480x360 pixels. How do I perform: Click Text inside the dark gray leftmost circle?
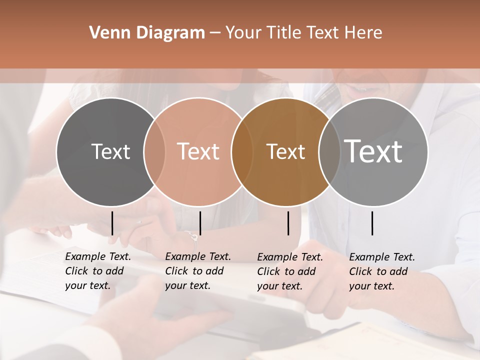point(110,151)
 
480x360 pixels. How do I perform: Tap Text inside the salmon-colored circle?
point(198,151)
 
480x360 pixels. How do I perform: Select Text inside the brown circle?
point(285,151)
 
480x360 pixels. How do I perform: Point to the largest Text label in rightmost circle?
point(373,151)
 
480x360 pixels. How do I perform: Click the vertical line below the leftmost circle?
point(112,223)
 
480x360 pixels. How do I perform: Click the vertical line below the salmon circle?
point(200,223)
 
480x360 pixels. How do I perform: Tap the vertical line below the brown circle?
point(288,223)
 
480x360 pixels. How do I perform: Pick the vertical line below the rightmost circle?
point(372,223)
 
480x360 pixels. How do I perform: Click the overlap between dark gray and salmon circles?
point(154,151)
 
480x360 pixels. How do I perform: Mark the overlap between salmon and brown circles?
point(242,151)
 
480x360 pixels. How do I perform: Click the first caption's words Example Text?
point(98,256)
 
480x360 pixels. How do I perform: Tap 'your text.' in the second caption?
point(187,285)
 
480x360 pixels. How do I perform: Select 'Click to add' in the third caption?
point(286,271)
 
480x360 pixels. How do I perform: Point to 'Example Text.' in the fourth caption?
point(382,257)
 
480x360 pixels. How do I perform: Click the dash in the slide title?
point(215,33)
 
